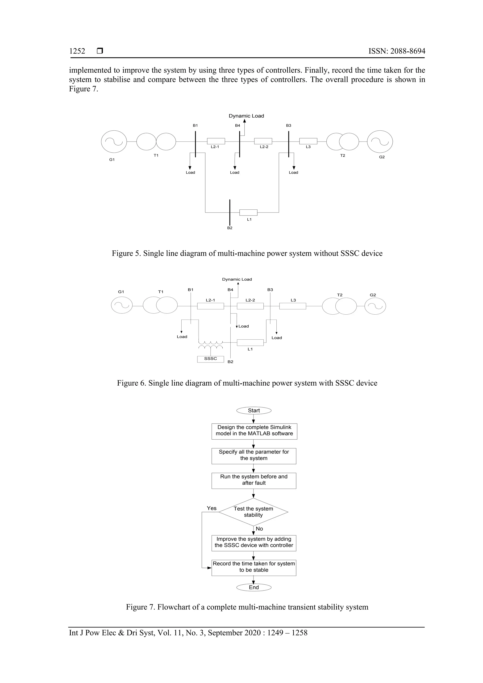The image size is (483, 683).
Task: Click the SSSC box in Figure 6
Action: tap(210, 359)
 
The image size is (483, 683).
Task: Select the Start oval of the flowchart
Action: tap(254, 411)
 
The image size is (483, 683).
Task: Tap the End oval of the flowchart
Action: tap(254, 587)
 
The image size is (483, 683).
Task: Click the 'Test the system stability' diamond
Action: tap(253, 512)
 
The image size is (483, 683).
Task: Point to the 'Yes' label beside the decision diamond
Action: tap(212, 508)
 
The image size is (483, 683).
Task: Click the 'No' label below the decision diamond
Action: tap(259, 529)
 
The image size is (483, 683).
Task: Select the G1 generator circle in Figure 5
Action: tap(114, 142)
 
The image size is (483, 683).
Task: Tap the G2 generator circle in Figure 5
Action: tap(380, 142)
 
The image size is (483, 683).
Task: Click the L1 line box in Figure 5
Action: tap(248, 212)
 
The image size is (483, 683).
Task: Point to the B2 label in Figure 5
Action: tap(230, 228)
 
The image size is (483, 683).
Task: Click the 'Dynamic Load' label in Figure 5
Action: tap(246, 116)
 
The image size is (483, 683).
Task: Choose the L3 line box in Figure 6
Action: tap(293, 306)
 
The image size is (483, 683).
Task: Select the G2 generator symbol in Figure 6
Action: tap(375, 306)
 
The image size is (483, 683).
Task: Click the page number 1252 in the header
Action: tap(77, 51)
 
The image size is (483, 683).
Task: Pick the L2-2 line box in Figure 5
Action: tap(263, 141)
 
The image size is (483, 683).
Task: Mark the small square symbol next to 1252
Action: tap(100, 51)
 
